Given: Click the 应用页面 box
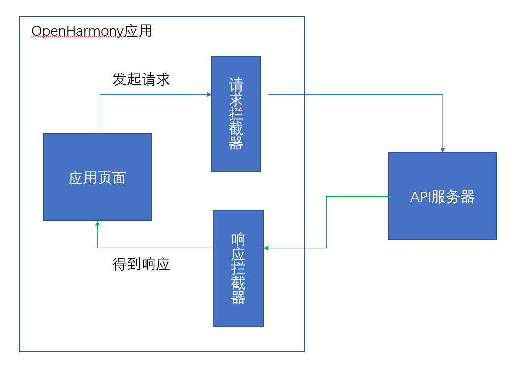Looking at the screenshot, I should (97, 177).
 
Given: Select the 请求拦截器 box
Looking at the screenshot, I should (236, 114).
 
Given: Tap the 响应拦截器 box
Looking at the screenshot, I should (238, 268).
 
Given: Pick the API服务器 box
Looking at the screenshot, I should (442, 196).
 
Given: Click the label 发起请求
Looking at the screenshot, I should (141, 79).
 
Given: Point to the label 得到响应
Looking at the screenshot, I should (141, 264).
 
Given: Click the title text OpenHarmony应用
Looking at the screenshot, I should (92, 31).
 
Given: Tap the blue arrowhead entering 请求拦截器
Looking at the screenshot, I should (209, 95).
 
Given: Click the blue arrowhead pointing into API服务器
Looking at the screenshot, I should (443, 150).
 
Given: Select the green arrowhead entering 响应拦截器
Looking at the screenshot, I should (266, 248).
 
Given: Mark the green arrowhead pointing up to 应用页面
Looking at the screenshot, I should (98, 223).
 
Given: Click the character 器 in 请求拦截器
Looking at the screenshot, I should (236, 143).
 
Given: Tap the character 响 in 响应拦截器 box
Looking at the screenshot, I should (238, 240).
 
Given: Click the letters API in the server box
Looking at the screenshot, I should (421, 197).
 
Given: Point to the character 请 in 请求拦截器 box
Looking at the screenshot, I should (236, 85).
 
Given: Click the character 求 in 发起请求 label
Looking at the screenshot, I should (163, 79).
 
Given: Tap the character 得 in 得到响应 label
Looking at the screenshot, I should (120, 264).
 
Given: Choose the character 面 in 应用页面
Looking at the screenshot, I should (119, 178).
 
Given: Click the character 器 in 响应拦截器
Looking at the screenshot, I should (238, 297).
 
